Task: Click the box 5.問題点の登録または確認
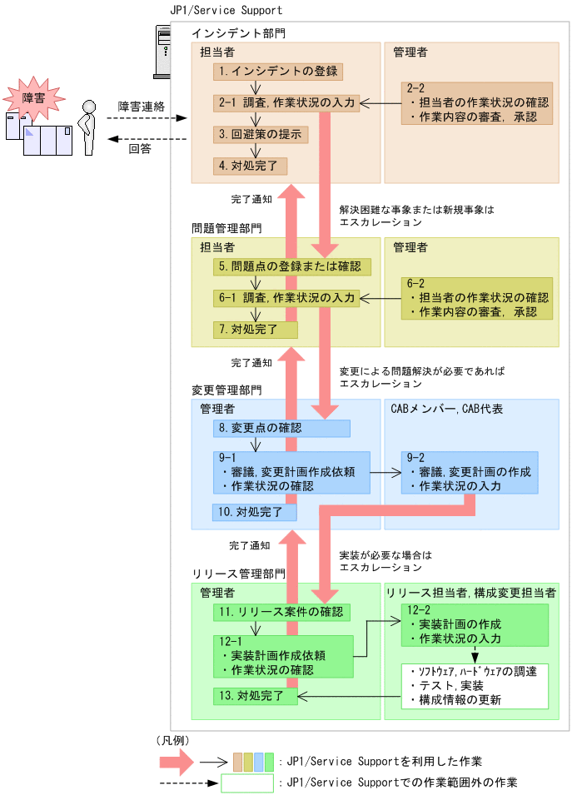291,266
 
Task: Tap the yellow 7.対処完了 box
255,330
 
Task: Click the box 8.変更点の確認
281,428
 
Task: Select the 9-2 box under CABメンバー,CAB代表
469,473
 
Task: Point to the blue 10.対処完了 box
255,511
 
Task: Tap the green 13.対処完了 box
255,695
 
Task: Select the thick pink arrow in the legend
177,760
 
